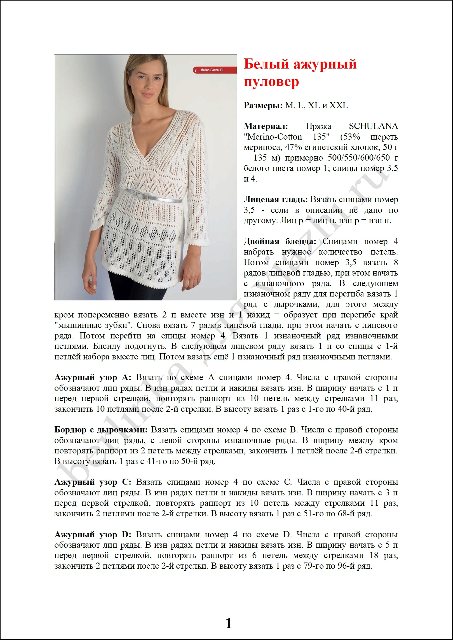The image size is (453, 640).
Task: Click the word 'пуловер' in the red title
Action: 271,82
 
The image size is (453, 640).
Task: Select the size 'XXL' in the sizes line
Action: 339,105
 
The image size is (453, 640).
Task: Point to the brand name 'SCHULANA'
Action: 373,126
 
